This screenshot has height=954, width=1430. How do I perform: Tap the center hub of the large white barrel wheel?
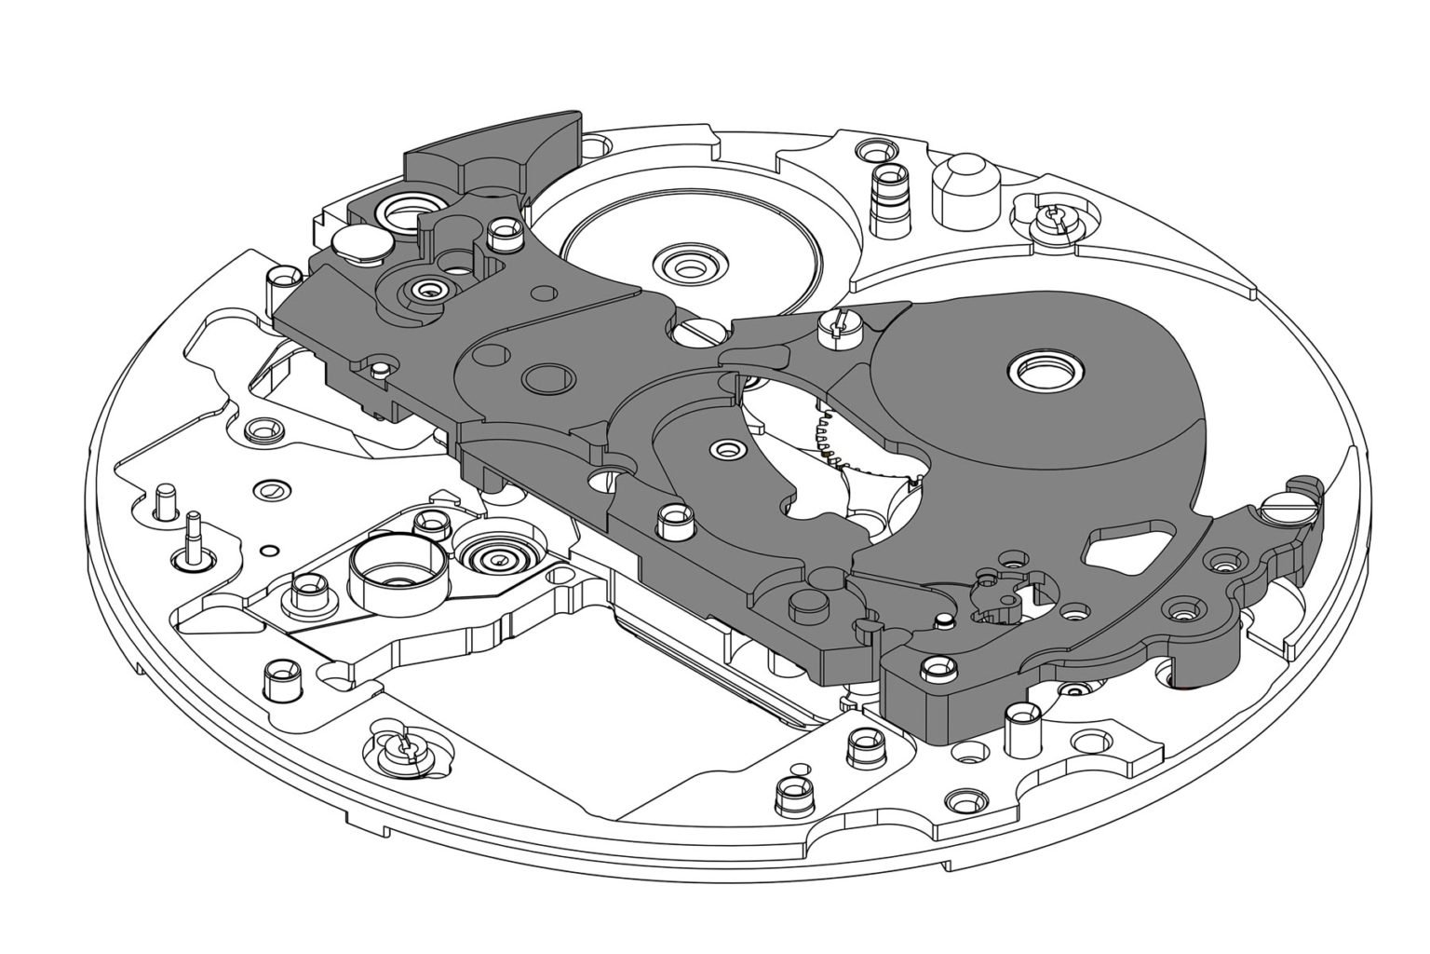coord(690,266)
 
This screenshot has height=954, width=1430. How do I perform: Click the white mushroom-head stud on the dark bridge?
coord(361,244)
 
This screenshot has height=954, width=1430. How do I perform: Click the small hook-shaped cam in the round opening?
coord(997,596)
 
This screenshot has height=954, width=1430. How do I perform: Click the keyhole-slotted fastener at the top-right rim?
coord(1052,217)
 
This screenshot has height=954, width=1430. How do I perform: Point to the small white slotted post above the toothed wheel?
coord(836,326)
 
